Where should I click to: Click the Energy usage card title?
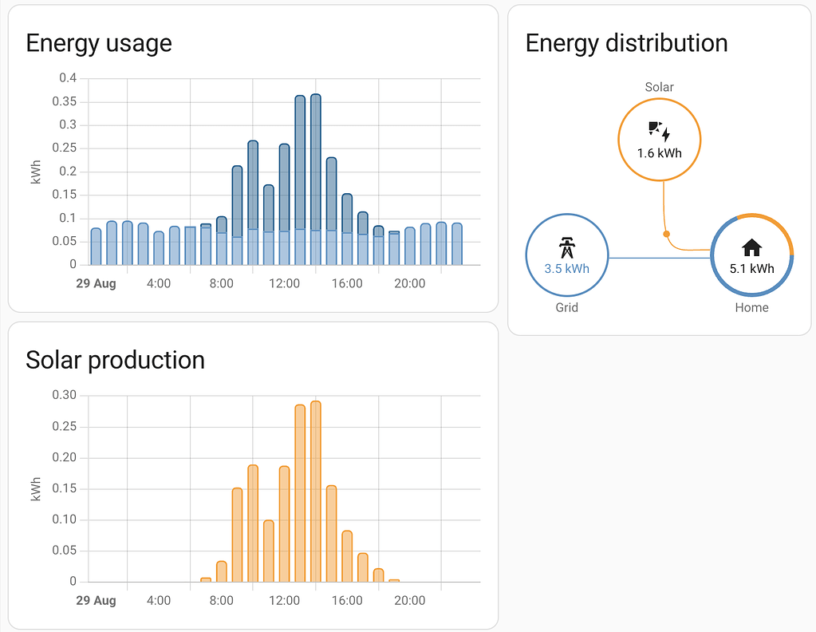pos(99,43)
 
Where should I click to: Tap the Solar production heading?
pos(115,360)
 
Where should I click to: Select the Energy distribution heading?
pos(626,43)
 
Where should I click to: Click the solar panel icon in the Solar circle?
pos(659,131)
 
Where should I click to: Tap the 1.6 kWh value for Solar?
pos(659,153)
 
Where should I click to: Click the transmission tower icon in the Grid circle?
pos(566,247)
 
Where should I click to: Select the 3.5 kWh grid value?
pos(566,269)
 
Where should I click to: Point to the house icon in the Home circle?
pos(751,247)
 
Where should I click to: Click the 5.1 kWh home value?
pos(751,269)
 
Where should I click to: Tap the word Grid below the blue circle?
pos(566,307)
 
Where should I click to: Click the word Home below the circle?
pos(751,307)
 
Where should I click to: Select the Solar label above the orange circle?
pos(659,87)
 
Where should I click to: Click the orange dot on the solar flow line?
pos(667,234)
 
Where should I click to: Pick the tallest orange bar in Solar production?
pos(316,491)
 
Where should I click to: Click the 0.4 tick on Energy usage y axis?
pos(68,78)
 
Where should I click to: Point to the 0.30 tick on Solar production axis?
pos(65,395)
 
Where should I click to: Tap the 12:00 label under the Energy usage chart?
pos(284,283)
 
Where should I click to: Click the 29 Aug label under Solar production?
pos(96,600)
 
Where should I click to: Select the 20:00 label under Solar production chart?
pos(409,600)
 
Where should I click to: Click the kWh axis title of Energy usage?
pos(36,171)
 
